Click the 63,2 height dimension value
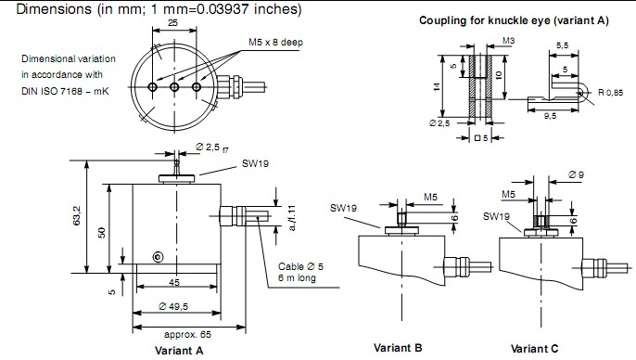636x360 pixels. (77, 215)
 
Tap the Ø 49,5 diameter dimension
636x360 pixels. (173, 306)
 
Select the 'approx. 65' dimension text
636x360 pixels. (187, 334)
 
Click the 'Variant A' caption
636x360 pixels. (179, 351)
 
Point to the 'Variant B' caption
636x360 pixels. (398, 348)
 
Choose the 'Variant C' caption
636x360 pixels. (534, 349)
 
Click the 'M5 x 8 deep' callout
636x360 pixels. (276, 42)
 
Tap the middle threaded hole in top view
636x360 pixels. (174, 87)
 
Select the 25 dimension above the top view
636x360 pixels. (172, 22)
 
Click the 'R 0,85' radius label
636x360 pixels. (610, 93)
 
